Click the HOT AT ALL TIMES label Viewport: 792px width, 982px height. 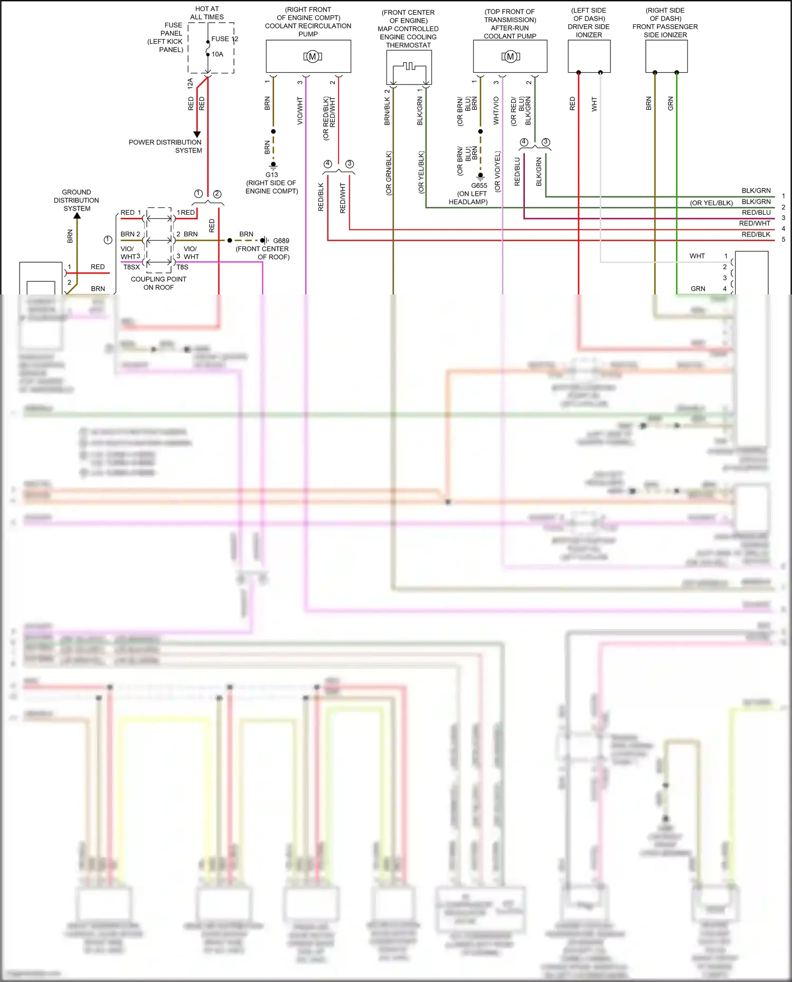[207, 13]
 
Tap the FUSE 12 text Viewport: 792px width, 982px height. [224, 39]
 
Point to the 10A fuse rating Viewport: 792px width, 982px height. [218, 54]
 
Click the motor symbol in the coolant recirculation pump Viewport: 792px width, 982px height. [313, 56]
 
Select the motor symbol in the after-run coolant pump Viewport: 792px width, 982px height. [511, 56]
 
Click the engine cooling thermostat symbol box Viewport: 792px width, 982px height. [409, 68]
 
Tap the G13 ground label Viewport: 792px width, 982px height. [271, 175]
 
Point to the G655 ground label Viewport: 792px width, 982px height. [479, 186]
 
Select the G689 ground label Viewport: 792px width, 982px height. [281, 241]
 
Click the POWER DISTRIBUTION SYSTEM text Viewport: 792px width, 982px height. [165, 146]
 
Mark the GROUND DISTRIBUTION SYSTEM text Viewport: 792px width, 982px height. [77, 200]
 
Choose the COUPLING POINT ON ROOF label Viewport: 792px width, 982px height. [158, 283]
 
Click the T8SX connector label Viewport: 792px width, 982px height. [131, 267]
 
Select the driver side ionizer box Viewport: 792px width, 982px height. [589, 56]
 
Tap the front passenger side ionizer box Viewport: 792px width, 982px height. [666, 56]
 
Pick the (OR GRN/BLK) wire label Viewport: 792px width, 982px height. [389, 174]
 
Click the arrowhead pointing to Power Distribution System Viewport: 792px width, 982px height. [197, 135]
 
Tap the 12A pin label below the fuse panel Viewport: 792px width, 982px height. [190, 83]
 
